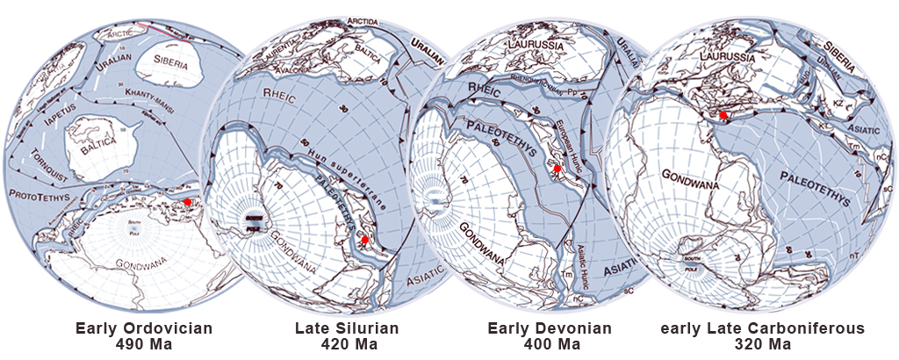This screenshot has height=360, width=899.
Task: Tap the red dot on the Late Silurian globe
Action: pos(365,240)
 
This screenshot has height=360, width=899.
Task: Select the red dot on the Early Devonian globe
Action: pos(557,169)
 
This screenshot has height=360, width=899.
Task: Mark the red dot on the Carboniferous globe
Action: pos(723,115)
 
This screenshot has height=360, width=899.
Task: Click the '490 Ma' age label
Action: pos(144,344)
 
